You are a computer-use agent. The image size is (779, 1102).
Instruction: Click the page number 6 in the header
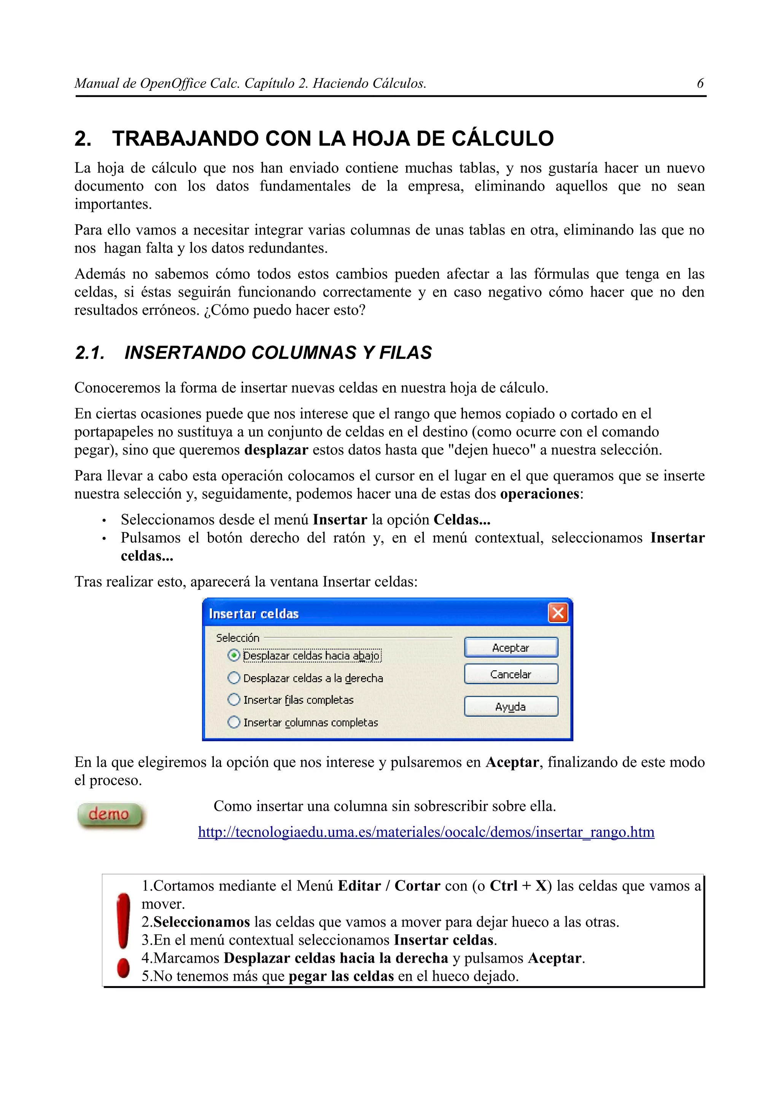tap(700, 84)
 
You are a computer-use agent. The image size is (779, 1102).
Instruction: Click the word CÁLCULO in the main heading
tap(502, 138)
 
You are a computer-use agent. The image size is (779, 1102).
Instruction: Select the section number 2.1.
tap(90, 353)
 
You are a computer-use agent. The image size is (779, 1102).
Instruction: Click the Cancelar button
tap(511, 674)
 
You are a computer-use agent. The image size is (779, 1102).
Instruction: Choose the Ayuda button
tap(511, 707)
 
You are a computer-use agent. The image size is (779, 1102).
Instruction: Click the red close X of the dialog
tap(558, 613)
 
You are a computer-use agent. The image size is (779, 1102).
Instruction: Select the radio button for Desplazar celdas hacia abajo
tap(234, 655)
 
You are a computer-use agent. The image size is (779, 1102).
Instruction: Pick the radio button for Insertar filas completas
tap(234, 700)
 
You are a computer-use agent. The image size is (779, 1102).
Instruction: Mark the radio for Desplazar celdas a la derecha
tap(234, 678)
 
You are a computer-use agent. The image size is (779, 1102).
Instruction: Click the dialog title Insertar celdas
tap(253, 614)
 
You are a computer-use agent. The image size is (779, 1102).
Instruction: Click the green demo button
tap(110, 815)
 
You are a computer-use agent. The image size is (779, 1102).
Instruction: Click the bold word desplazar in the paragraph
tap(276, 450)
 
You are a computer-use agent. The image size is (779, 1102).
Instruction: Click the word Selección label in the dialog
tap(238, 638)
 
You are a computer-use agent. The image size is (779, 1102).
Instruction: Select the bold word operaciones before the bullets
tap(539, 494)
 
